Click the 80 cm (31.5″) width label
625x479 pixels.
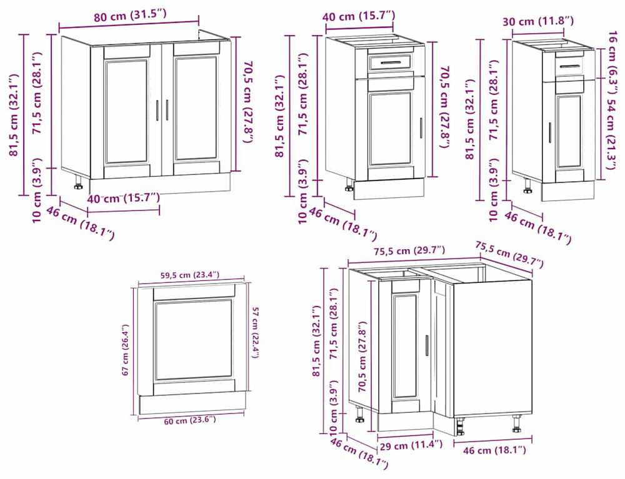click(x=130, y=16)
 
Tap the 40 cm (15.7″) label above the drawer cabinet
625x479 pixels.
click(x=359, y=17)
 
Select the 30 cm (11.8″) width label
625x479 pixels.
click(x=537, y=21)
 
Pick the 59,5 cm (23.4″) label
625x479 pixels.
click(x=190, y=275)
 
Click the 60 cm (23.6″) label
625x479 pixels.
click(x=190, y=420)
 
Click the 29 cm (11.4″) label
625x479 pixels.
click(x=411, y=445)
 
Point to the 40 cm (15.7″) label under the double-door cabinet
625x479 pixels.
click(x=124, y=198)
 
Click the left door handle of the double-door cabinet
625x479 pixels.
click(x=158, y=110)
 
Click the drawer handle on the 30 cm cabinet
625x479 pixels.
click(x=569, y=66)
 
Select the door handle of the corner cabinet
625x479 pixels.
click(x=426, y=345)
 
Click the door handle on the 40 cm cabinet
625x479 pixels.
click(x=421, y=128)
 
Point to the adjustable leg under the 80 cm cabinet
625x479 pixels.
click(x=77, y=182)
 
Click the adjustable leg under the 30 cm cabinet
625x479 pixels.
click(x=527, y=185)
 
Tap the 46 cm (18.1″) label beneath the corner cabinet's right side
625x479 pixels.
click(x=494, y=450)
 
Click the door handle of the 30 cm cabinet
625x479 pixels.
click(x=550, y=132)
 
